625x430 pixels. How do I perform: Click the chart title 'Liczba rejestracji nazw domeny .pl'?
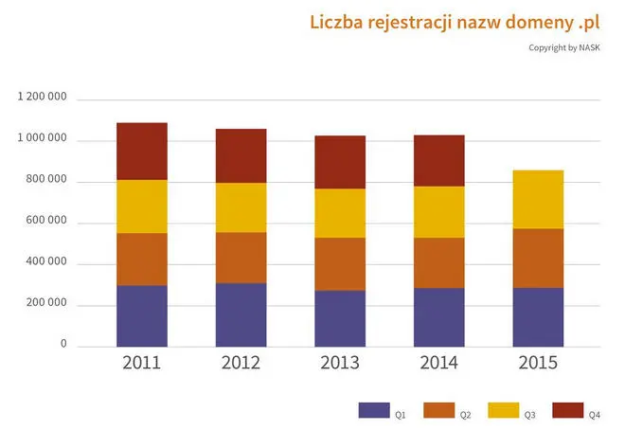(455, 22)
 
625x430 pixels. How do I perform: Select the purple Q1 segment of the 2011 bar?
(142, 315)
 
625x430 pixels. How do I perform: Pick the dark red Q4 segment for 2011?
(142, 151)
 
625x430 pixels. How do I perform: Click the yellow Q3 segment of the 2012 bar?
(241, 207)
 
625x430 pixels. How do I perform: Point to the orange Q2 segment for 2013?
(340, 263)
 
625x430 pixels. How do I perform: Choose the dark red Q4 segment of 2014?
(439, 160)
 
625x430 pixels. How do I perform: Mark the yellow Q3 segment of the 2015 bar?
(538, 199)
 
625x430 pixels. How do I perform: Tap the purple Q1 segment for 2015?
(538, 316)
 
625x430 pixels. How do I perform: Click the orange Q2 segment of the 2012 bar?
(241, 258)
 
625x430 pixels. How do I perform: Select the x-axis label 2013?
(340, 363)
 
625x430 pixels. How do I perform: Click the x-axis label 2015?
(538, 363)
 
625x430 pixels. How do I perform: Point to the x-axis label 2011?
(142, 363)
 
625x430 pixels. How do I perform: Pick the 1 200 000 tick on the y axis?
(43, 98)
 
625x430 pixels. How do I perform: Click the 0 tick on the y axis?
(64, 345)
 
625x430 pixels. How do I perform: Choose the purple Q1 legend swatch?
(374, 410)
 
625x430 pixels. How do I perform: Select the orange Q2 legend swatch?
(438, 410)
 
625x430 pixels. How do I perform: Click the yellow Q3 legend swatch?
(503, 410)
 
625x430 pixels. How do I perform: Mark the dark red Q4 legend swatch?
(567, 410)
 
